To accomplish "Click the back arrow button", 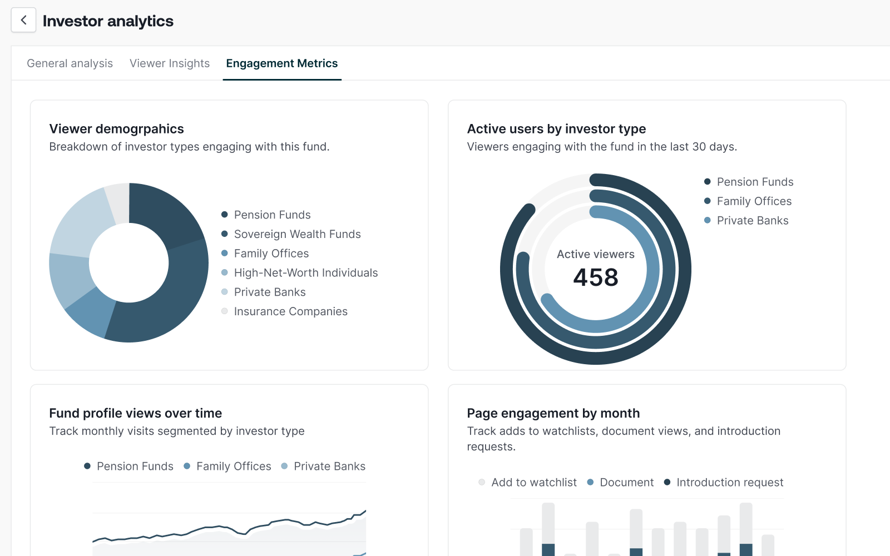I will (23, 21).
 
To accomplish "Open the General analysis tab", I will (70, 63).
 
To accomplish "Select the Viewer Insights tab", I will (170, 63).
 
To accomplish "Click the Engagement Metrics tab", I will (281, 63).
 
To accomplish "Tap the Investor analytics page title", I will (108, 21).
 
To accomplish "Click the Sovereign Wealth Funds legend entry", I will (297, 234).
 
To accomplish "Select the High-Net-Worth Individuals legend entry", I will (305, 273).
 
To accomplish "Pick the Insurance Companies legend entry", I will (290, 311).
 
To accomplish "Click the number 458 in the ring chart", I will (595, 277).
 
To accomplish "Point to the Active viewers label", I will (595, 254).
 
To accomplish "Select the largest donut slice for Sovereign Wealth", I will (167, 300).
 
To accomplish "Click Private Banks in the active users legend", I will (752, 221).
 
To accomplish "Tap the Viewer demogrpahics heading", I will (116, 129).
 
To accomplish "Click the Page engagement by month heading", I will (553, 413).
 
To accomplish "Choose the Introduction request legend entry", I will (729, 483).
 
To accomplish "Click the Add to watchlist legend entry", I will (533, 483).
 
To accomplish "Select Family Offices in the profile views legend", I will (233, 466).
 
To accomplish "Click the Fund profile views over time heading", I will (135, 413).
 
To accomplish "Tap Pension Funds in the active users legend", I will (754, 182).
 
